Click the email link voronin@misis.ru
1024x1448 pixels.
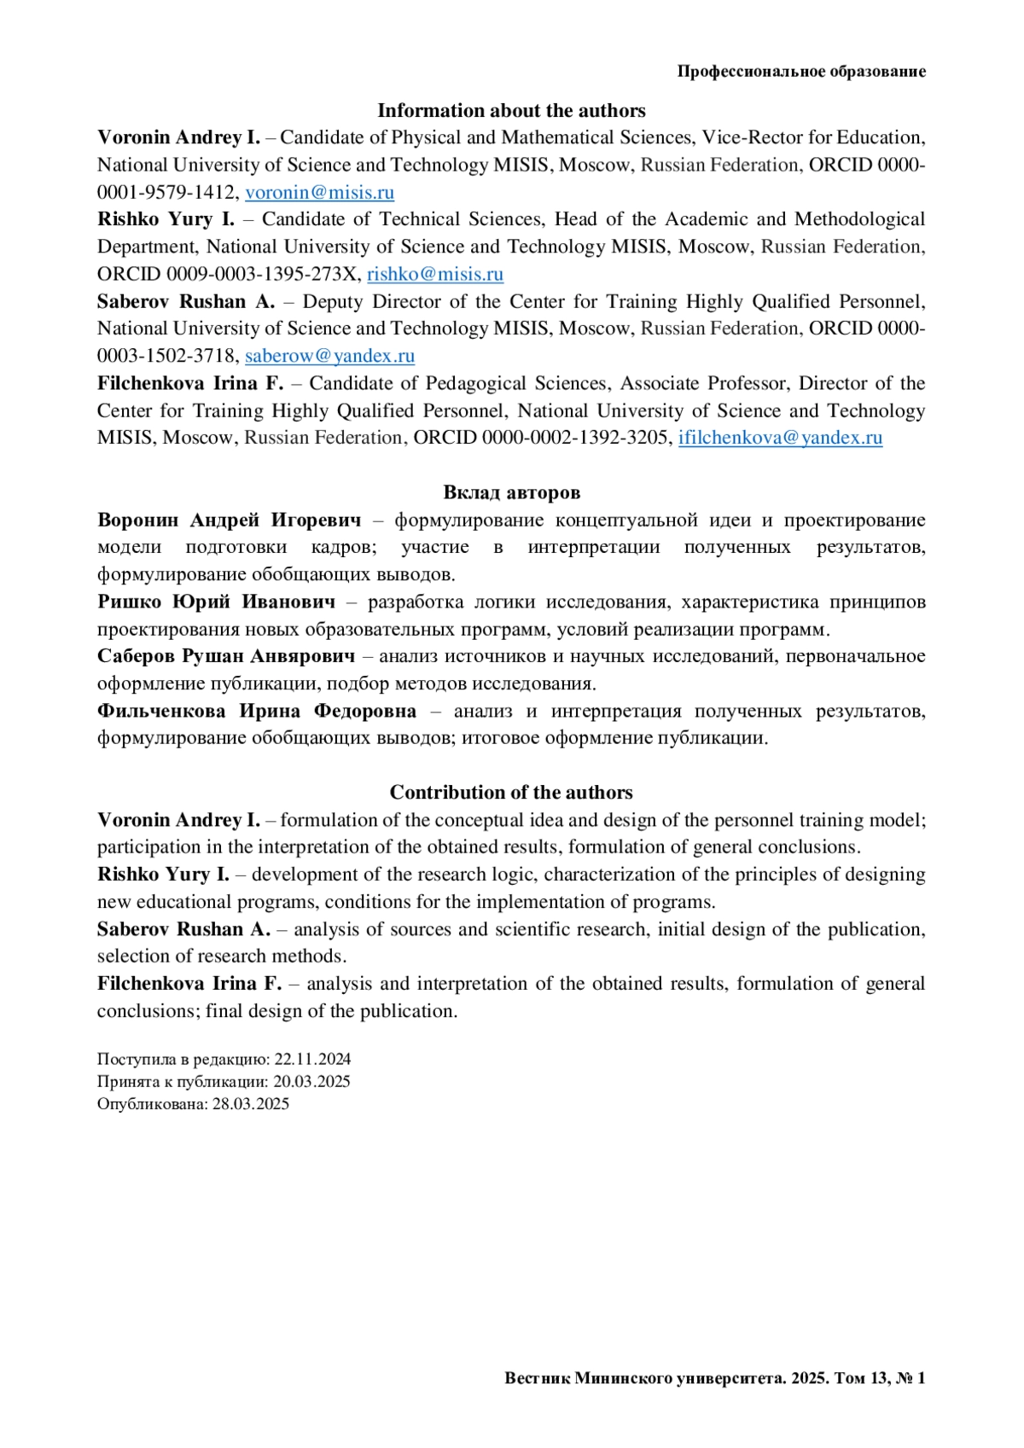tap(319, 192)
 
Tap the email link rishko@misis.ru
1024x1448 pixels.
tap(434, 274)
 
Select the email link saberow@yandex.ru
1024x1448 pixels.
tap(329, 356)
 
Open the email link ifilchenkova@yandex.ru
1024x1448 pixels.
tap(780, 438)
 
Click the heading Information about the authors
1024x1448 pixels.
tap(511, 111)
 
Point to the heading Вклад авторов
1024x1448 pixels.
tap(511, 492)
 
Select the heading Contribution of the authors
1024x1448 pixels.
tap(511, 792)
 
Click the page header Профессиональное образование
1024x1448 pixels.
tap(801, 72)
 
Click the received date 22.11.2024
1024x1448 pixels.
tap(312, 1059)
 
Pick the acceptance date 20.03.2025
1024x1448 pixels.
tap(311, 1081)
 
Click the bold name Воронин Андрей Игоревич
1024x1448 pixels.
tap(229, 520)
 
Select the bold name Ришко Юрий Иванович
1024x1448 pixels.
tap(216, 602)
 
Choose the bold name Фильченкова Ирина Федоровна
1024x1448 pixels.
tap(256, 711)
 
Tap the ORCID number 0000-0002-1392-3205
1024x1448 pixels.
tap(575, 438)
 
